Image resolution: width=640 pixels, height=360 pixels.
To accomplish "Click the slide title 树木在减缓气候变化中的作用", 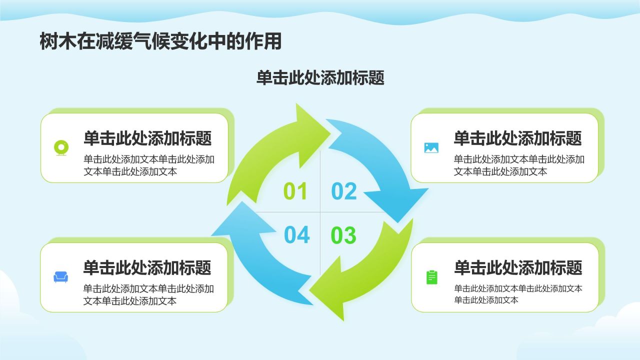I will (160, 42).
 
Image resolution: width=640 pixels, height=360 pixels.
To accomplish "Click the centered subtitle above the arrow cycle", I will (320, 78).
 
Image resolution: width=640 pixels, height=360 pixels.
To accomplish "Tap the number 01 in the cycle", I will (295, 191).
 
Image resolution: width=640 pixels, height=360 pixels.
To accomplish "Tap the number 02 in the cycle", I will (344, 191).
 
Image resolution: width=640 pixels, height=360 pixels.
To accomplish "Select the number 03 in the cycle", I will (344, 235).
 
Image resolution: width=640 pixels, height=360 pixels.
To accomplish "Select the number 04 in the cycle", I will (297, 235).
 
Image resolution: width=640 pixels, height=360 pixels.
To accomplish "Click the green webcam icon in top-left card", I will (61, 148).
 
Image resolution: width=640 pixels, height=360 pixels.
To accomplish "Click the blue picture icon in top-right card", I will (431, 147).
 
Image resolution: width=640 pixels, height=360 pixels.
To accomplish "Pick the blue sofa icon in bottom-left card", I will (61, 277).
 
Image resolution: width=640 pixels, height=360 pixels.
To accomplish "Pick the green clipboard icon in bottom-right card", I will (431, 277).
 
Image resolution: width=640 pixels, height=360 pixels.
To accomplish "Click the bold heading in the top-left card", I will (147, 138).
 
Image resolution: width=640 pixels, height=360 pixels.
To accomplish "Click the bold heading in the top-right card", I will (517, 138).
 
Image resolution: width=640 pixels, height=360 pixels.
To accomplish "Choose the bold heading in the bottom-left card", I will (147, 268).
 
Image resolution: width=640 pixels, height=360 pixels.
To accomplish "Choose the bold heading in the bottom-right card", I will (518, 268).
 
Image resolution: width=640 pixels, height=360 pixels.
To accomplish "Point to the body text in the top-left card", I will (149, 165).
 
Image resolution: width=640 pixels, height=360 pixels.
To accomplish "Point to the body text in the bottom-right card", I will (518, 294).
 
